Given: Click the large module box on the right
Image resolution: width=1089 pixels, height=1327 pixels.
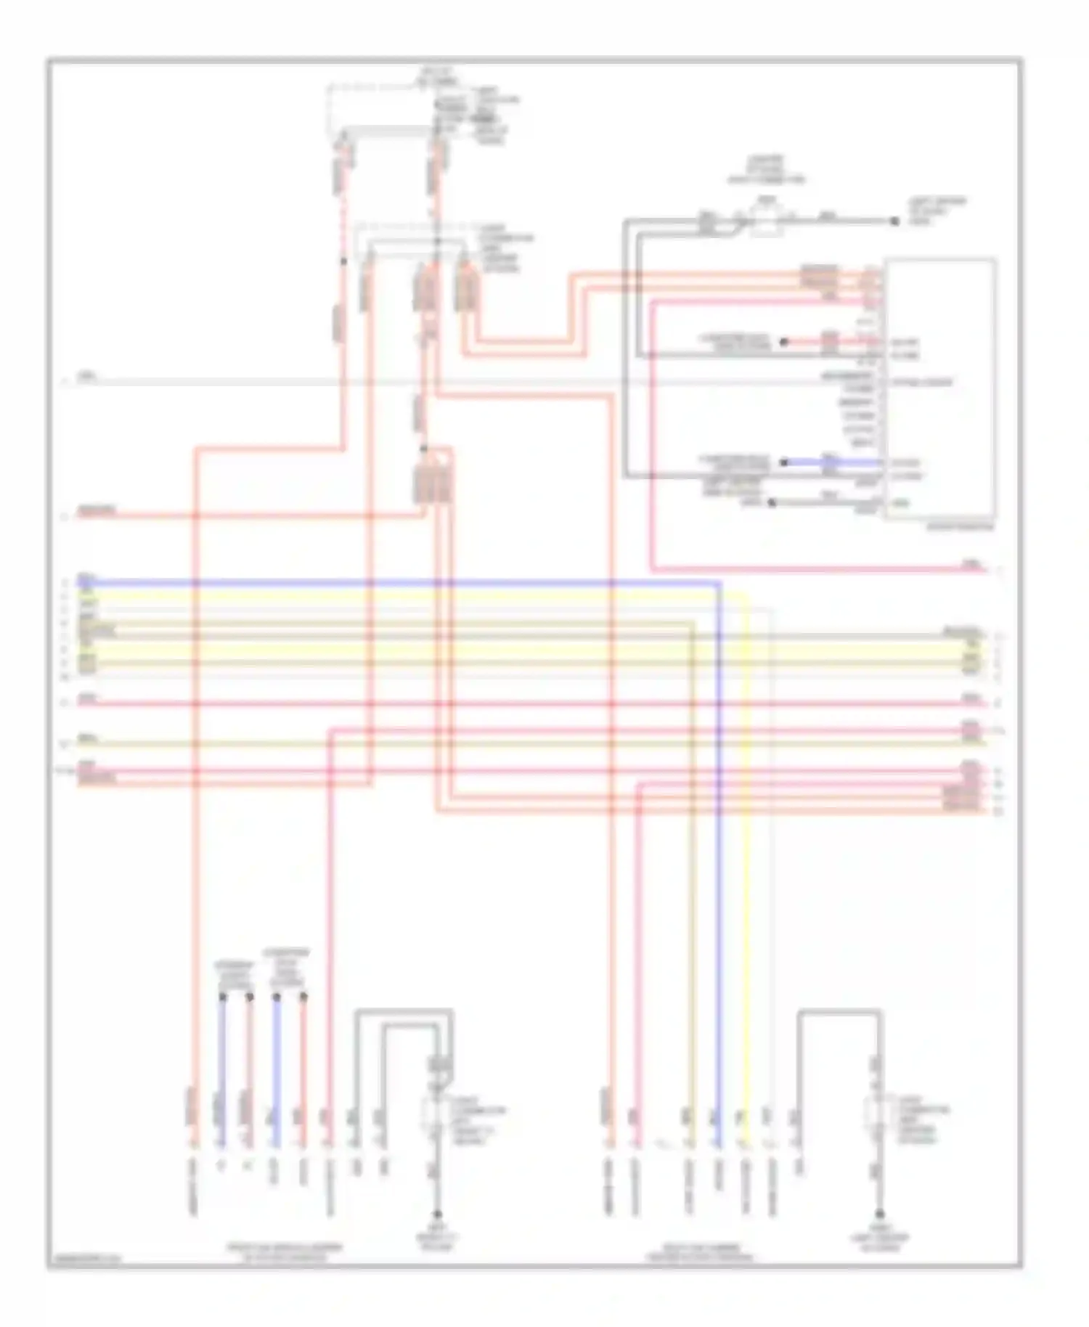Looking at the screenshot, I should tap(939, 388).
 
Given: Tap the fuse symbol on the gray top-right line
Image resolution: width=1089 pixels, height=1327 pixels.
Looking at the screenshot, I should tap(766, 218).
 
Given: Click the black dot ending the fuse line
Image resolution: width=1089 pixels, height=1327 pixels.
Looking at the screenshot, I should tap(894, 221).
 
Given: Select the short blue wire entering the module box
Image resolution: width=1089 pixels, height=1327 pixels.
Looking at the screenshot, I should tap(835, 462).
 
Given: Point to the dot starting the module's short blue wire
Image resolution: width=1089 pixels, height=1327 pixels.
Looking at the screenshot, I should tap(784, 462).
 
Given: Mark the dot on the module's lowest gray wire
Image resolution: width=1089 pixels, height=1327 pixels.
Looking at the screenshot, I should tap(771, 502).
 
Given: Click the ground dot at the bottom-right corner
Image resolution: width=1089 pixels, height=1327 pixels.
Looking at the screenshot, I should tap(879, 1214).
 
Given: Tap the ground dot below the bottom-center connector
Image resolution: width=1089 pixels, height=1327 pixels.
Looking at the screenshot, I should tap(438, 1214).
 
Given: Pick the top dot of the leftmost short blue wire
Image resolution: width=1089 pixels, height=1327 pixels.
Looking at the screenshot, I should tap(223, 997).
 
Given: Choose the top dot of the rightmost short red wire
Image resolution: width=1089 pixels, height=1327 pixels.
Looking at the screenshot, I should tap(304, 997).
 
